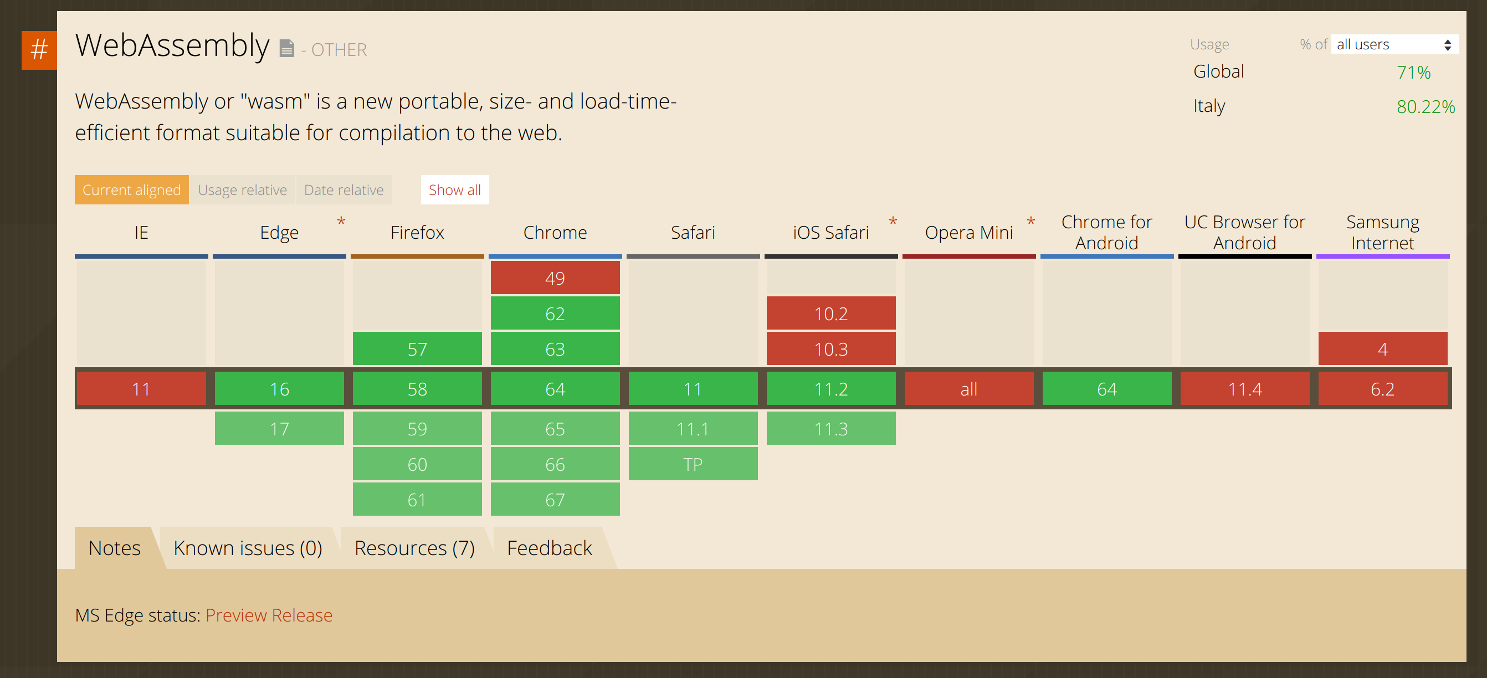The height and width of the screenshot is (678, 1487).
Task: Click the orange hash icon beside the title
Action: click(39, 50)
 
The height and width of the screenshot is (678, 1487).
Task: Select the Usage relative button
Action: click(243, 190)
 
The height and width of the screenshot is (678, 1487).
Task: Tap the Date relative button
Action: click(344, 190)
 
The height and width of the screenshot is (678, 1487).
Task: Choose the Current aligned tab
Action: click(132, 190)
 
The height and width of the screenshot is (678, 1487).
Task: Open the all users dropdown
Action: click(1394, 44)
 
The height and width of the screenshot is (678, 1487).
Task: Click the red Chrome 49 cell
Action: click(555, 278)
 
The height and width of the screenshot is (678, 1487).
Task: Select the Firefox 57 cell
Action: click(417, 348)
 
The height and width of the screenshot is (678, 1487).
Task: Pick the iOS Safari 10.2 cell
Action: click(831, 314)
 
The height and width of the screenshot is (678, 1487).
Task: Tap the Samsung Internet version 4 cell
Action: click(1383, 348)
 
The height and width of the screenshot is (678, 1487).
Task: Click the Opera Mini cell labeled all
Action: click(969, 388)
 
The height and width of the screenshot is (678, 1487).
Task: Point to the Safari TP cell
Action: click(693, 464)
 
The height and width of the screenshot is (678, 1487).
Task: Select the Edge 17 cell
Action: click(279, 428)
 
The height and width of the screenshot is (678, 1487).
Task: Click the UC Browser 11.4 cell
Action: click(1245, 388)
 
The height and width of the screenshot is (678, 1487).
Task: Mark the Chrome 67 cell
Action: click(555, 499)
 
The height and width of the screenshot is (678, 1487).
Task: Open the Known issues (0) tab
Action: click(248, 548)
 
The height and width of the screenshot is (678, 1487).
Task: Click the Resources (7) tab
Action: click(415, 548)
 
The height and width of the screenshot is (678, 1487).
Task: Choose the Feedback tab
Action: click(550, 548)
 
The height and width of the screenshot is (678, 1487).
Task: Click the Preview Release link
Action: click(269, 615)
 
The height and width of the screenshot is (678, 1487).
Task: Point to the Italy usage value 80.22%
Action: click(1426, 107)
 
